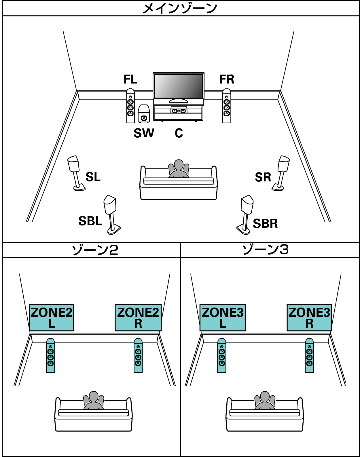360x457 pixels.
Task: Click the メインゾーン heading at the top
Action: tap(180, 8)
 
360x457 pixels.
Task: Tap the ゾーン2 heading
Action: tap(95, 250)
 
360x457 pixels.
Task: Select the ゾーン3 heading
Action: tap(265, 249)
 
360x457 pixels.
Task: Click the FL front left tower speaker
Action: tap(130, 106)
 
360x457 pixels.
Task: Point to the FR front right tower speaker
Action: tap(227, 106)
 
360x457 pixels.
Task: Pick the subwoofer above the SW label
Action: tap(143, 114)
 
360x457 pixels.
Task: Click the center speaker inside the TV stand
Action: tap(179, 110)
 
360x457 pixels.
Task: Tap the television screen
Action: tap(179, 86)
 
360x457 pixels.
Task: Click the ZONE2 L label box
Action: tap(52, 317)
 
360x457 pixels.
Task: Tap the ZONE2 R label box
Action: tap(138, 317)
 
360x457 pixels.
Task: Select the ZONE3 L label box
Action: tap(223, 317)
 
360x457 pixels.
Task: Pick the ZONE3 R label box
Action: tap(309, 317)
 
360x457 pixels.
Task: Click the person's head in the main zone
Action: tap(179, 166)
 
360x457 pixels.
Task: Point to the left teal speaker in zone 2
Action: tap(50, 356)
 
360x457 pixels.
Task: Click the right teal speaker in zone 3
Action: tap(309, 356)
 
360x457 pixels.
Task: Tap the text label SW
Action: tap(144, 133)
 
